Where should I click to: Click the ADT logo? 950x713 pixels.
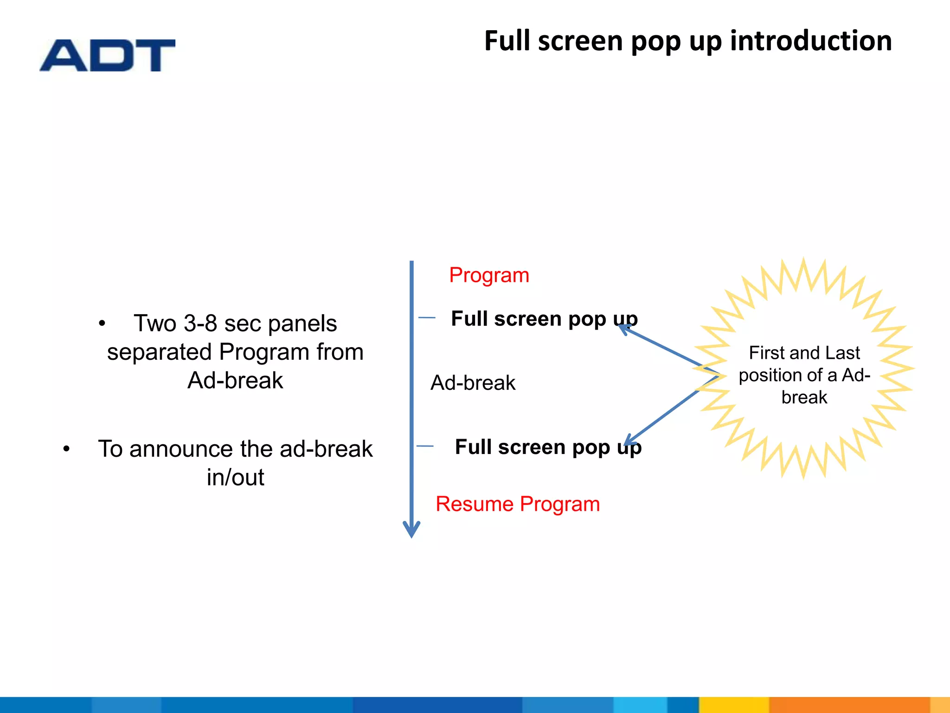107,55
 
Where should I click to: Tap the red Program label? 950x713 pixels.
489,275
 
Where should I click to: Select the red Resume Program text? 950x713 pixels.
518,504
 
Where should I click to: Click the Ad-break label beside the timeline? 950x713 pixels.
473,383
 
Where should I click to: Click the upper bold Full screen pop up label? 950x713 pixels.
544,319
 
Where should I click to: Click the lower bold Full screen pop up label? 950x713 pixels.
548,447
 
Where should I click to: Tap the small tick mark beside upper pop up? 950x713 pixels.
427,318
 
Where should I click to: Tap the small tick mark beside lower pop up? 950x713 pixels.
425,446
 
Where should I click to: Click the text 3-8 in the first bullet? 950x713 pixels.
200,323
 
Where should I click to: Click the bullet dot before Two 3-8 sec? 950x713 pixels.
102,324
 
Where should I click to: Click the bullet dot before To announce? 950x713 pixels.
66,449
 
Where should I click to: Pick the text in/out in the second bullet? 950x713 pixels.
235,478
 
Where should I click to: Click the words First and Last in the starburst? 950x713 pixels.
804,353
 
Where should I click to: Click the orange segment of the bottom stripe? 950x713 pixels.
849,705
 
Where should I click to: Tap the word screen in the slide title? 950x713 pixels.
581,41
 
